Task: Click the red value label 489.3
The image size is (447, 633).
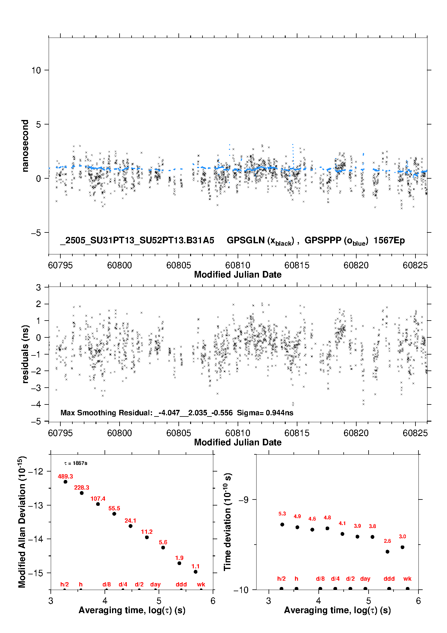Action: (65, 476)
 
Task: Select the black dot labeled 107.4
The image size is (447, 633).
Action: (98, 504)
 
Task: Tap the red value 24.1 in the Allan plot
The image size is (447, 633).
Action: (130, 521)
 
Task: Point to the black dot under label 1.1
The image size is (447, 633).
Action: (196, 572)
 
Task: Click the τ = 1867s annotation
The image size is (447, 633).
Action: (76, 463)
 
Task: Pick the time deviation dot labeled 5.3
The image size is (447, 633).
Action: (282, 524)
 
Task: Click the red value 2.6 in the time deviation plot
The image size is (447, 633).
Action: (387, 541)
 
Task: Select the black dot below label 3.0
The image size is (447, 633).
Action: (403, 547)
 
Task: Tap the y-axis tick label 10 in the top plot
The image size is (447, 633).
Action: (36, 70)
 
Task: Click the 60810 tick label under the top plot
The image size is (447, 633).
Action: (238, 265)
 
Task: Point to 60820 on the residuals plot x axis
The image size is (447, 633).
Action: (356, 433)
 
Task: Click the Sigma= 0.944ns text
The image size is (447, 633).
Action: (265, 413)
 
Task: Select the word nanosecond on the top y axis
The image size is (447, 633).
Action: (25, 146)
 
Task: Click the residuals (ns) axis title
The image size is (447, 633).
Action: (25, 354)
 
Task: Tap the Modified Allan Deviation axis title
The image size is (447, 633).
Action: (22, 522)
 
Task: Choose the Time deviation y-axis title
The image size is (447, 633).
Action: (227, 522)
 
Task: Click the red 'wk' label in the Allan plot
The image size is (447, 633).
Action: (201, 584)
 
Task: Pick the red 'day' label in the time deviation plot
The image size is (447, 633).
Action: (365, 579)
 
